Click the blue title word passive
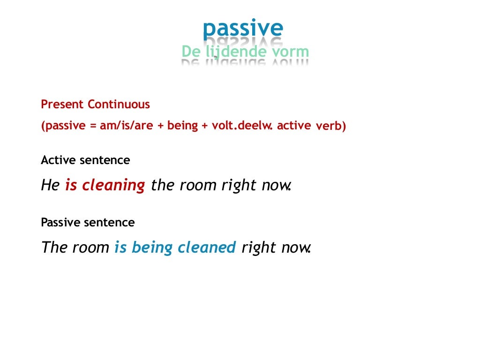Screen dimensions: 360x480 243,29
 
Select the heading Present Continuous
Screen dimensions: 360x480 96,105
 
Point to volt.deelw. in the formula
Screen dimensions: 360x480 239,126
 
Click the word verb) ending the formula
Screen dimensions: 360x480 331,127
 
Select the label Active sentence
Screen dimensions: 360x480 85,160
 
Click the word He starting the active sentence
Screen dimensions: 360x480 50,185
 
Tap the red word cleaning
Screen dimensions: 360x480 113,186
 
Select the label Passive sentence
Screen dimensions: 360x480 88,222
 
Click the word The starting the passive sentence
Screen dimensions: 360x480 55,247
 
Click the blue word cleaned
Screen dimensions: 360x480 207,247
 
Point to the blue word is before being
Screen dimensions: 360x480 120,247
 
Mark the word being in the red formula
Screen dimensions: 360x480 182,126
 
